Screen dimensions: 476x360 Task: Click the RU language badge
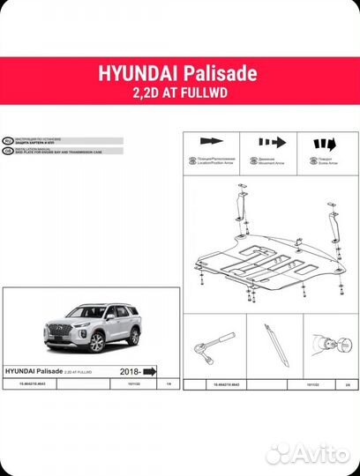(8, 140)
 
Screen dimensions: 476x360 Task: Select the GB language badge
(8, 149)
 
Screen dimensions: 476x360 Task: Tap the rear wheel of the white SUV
(134, 338)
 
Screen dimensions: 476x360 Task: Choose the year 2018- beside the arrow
(126, 371)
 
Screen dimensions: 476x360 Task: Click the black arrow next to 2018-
(149, 371)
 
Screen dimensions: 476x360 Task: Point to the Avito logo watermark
(307, 453)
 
